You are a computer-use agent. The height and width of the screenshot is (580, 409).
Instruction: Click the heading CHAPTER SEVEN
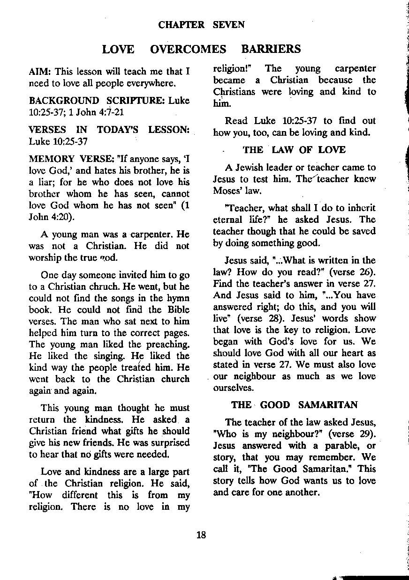click(202, 25)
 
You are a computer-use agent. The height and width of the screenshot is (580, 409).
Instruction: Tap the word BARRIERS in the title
click(271, 49)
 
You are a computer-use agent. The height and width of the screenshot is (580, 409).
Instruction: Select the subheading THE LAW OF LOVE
click(294, 150)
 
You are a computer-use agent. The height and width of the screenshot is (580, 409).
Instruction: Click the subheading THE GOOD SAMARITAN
click(295, 405)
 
